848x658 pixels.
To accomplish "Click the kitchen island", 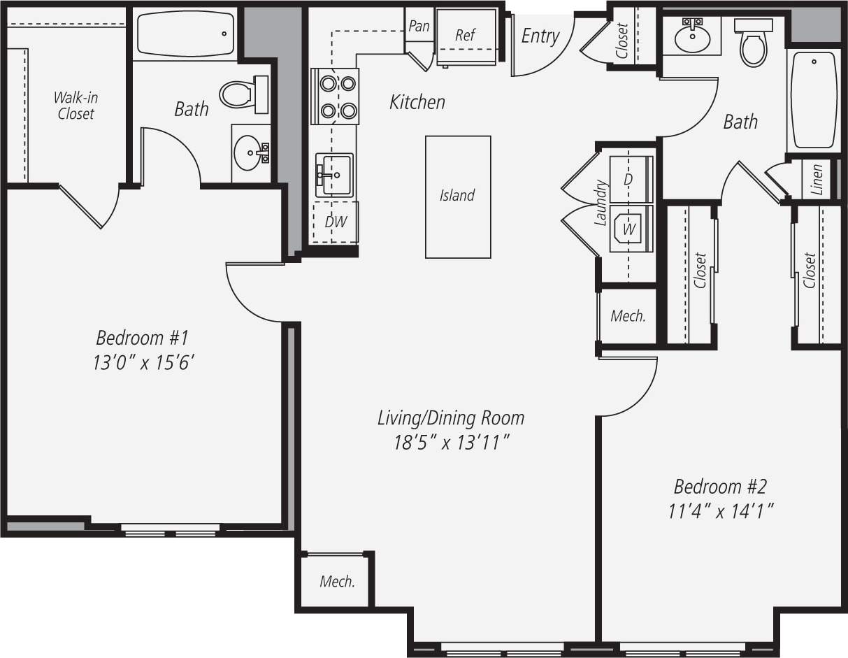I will pyautogui.click(x=458, y=196).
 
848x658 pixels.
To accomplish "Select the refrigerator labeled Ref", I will pyautogui.click(x=465, y=36).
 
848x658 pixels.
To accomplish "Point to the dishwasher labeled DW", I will pyautogui.click(x=336, y=222).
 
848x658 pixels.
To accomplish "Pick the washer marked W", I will pyautogui.click(x=631, y=229).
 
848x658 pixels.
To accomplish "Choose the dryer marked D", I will pyautogui.click(x=631, y=178).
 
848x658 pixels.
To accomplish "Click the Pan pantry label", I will pyautogui.click(x=419, y=26).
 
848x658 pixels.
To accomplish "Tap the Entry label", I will pyautogui.click(x=540, y=36).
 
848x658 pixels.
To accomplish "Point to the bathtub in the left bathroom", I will pyautogui.click(x=185, y=34).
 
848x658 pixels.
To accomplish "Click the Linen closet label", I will pyautogui.click(x=817, y=179).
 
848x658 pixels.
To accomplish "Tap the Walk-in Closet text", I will pyautogui.click(x=76, y=106).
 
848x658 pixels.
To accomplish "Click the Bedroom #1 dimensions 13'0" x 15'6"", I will pyautogui.click(x=143, y=363).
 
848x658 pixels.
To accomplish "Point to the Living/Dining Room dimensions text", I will pyautogui.click(x=451, y=443).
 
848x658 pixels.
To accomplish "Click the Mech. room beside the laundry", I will pyautogui.click(x=628, y=316).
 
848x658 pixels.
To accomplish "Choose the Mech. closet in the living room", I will pyautogui.click(x=337, y=581).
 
